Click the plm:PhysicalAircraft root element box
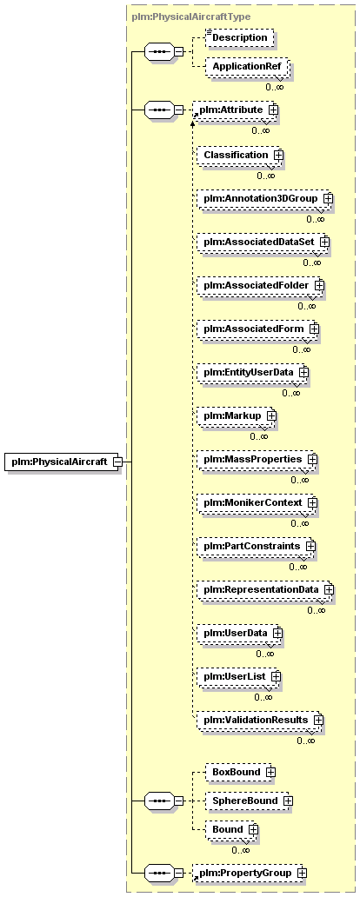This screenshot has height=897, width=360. (x=63, y=462)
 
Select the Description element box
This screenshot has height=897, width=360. (x=240, y=37)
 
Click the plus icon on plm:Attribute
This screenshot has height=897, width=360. (x=273, y=109)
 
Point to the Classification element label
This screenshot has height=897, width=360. (x=236, y=155)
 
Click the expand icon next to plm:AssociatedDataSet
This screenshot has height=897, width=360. (x=324, y=242)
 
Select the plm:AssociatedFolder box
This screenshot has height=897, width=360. (x=259, y=285)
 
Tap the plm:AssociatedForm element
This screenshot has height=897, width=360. (x=257, y=329)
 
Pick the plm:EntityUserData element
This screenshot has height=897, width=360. (x=252, y=372)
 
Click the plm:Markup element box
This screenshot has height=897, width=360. (x=236, y=415)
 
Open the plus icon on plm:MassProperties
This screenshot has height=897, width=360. (x=312, y=459)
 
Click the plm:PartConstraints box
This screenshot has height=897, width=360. (x=256, y=546)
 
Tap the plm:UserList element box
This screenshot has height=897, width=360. (x=238, y=676)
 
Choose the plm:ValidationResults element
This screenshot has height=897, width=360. (x=259, y=720)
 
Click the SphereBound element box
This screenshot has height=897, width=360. (x=248, y=801)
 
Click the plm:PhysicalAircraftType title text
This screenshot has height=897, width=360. (x=191, y=17)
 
